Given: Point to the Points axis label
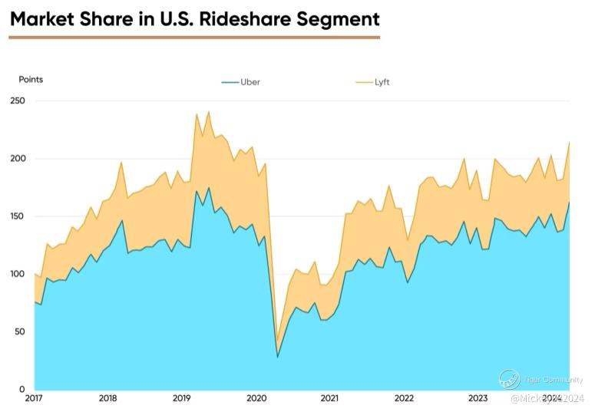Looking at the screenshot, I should click(x=31, y=80).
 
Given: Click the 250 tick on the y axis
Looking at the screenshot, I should click(x=17, y=101).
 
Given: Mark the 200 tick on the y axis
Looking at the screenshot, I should click(x=17, y=159).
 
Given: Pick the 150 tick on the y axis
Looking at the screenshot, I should click(x=17, y=216).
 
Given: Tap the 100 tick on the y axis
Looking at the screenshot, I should click(x=17, y=274).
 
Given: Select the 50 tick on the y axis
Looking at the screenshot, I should click(x=19, y=331).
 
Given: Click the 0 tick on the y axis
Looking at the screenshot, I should click(x=22, y=389).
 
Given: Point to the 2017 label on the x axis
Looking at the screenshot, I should click(x=34, y=398).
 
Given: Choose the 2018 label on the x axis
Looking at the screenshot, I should click(x=108, y=398).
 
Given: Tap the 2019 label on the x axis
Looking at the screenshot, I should click(x=182, y=398).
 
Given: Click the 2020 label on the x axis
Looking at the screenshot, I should click(x=256, y=398).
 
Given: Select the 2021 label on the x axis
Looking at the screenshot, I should click(x=329, y=398).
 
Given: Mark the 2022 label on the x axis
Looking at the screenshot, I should click(x=404, y=398).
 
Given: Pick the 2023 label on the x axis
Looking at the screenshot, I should click(x=478, y=398).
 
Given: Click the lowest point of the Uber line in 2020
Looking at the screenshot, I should click(x=277, y=357).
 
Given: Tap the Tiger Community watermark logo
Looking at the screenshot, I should click(x=509, y=378).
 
